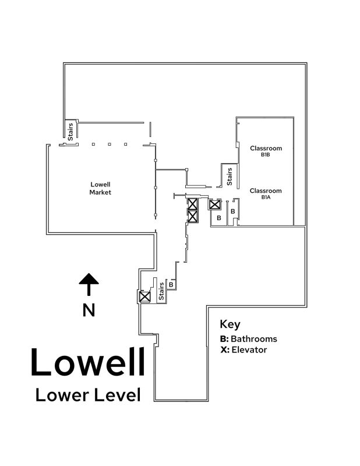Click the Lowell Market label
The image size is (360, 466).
(x=100, y=188)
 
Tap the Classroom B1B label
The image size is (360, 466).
(x=266, y=151)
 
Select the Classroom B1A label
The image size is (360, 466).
(x=266, y=193)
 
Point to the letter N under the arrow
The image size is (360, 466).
(x=89, y=310)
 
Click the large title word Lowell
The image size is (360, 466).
(x=87, y=362)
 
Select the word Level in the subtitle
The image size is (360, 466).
(x=116, y=395)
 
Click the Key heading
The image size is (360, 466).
(x=230, y=324)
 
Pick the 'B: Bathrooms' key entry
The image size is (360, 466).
(x=248, y=338)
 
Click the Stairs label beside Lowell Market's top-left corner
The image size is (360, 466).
(x=70, y=131)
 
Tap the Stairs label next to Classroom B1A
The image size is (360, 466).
(x=230, y=176)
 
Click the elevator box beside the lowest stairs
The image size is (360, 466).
(x=144, y=296)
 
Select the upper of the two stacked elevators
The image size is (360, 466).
(x=192, y=204)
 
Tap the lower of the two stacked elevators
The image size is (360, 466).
(x=192, y=216)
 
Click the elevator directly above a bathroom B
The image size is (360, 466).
(x=215, y=204)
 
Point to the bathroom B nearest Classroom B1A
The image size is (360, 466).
(x=232, y=211)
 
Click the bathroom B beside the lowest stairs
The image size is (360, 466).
(x=171, y=284)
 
